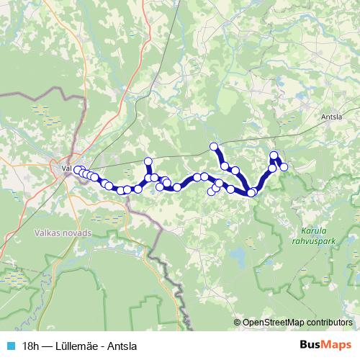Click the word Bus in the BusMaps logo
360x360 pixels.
310,345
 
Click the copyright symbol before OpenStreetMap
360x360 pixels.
238,323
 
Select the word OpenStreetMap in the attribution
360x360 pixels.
271,323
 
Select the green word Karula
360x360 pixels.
310,231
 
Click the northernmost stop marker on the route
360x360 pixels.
214,147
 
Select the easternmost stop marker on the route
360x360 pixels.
284,167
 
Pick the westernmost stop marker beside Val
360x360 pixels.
76,170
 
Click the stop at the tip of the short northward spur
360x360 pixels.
148,161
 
